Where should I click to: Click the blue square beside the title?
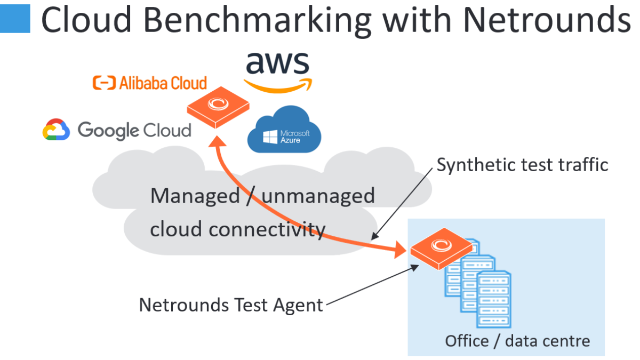click(x=15, y=19)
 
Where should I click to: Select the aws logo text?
click(x=278, y=62)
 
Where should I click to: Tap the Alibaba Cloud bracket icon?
click(x=105, y=83)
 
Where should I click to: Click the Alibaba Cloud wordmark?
click(x=163, y=83)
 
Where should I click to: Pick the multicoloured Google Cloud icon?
click(x=56, y=130)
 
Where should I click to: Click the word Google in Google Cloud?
click(x=109, y=131)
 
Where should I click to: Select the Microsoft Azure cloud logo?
click(x=284, y=130)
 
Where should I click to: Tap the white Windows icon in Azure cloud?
click(x=270, y=137)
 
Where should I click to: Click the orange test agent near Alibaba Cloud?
click(x=218, y=107)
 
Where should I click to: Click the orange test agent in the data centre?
click(x=442, y=249)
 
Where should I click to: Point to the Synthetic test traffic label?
click(x=523, y=165)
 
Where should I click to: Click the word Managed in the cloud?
click(x=195, y=196)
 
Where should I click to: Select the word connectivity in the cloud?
click(x=267, y=229)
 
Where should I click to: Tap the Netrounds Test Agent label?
click(x=231, y=305)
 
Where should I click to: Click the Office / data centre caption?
click(x=517, y=341)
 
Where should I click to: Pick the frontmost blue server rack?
click(x=494, y=299)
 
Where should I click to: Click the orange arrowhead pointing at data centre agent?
click(x=399, y=250)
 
